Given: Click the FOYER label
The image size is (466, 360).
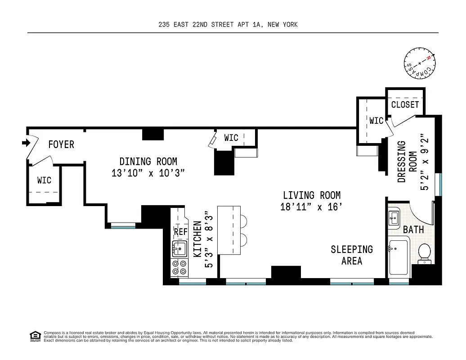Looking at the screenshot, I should (x=61, y=144).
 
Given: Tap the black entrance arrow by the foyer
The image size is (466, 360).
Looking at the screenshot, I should (x=25, y=143).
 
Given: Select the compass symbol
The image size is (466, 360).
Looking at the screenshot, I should (x=418, y=64).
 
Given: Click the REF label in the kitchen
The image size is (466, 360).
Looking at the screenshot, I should (x=180, y=232).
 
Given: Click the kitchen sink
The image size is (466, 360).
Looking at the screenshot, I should (x=179, y=248).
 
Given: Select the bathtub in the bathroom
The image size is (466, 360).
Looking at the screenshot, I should (x=398, y=258).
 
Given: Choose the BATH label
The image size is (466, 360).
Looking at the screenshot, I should (x=413, y=229).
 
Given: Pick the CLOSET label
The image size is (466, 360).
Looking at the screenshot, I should (x=405, y=105).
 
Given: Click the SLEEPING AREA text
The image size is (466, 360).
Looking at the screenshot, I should (x=352, y=255).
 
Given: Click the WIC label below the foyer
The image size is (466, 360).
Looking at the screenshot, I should (x=44, y=180).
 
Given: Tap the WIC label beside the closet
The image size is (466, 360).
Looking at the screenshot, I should (x=376, y=121).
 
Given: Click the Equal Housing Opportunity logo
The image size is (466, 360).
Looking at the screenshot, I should (x=34, y=336).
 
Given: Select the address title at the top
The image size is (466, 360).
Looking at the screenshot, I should (x=228, y=25).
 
